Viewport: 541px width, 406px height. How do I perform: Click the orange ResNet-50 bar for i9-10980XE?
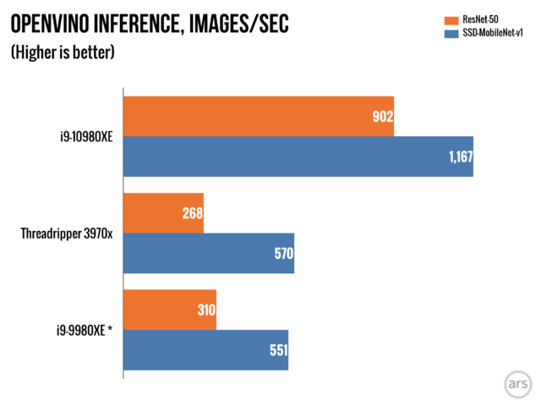coord(259,116)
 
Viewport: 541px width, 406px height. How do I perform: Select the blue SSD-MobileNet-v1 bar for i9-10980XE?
coord(298,156)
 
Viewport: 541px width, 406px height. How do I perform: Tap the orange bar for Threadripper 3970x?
coord(163,213)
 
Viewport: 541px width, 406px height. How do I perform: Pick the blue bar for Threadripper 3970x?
coord(208,253)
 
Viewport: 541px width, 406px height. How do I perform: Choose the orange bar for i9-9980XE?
coord(170,310)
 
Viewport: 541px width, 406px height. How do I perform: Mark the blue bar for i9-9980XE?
coord(205,350)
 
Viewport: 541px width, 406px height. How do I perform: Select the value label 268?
coord(191,213)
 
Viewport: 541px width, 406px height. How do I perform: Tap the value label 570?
coord(281,254)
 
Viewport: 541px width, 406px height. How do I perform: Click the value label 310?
coord(205,310)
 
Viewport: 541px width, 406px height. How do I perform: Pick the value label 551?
coord(276,350)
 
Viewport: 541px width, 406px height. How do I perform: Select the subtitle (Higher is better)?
coord(62,52)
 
